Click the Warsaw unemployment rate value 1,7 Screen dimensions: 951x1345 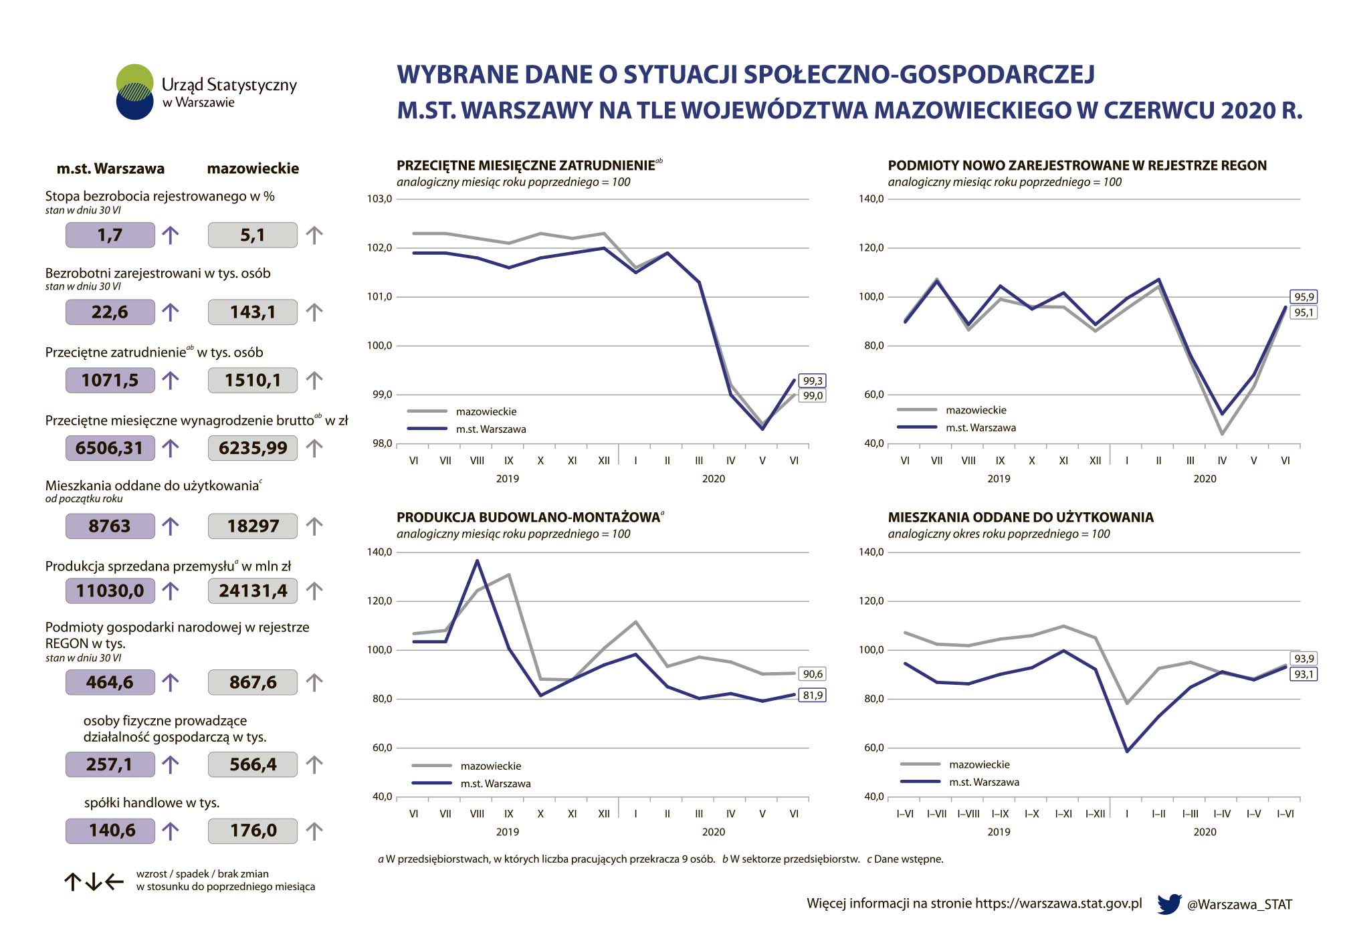[110, 235]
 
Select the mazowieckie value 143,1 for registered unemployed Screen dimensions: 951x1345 [252, 312]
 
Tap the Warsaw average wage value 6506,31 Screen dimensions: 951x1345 [110, 448]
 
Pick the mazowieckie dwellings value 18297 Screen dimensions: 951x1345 [252, 526]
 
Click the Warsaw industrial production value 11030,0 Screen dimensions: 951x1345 [110, 591]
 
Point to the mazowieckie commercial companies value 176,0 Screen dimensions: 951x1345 [252, 831]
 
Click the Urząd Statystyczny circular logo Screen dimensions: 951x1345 [135, 92]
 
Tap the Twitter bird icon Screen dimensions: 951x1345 [1168, 904]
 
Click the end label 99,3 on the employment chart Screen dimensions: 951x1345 [813, 381]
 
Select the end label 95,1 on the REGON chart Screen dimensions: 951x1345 [1303, 312]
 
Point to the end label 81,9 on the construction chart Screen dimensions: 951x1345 [813, 696]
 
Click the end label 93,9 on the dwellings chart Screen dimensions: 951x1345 [1303, 659]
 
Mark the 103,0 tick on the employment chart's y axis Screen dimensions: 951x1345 [379, 199]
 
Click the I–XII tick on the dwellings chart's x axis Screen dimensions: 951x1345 [1095, 814]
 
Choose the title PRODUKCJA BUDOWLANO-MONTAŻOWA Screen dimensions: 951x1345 [528, 518]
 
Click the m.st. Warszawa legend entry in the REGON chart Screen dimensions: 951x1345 [980, 428]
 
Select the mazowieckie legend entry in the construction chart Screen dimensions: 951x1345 [490, 766]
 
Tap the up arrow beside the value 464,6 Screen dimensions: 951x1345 [171, 683]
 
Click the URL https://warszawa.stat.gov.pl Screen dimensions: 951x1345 [1058, 904]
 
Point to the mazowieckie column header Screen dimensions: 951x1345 [253, 169]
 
